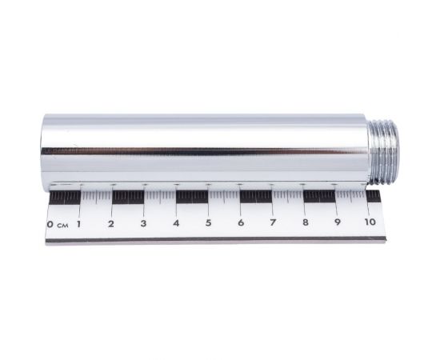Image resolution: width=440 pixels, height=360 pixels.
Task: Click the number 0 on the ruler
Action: (x=50, y=224)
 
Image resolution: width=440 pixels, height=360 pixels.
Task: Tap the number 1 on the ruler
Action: (x=78, y=223)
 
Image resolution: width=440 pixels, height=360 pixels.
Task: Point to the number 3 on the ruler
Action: (x=142, y=223)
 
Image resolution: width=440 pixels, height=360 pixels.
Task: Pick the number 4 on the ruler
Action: (x=175, y=223)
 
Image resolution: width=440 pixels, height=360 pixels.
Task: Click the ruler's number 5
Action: (x=208, y=223)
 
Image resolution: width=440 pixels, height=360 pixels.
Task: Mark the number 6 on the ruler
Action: (x=240, y=222)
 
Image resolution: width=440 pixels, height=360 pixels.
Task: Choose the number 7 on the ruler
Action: (x=272, y=222)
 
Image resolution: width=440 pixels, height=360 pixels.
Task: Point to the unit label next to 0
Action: (x=62, y=225)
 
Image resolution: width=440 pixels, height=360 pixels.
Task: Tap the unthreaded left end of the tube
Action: (x=46, y=152)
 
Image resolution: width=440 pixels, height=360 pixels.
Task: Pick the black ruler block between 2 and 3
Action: (x=128, y=197)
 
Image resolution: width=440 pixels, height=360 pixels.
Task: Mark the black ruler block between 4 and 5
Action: (x=192, y=196)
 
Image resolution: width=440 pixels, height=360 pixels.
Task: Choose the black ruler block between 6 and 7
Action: (x=256, y=195)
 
